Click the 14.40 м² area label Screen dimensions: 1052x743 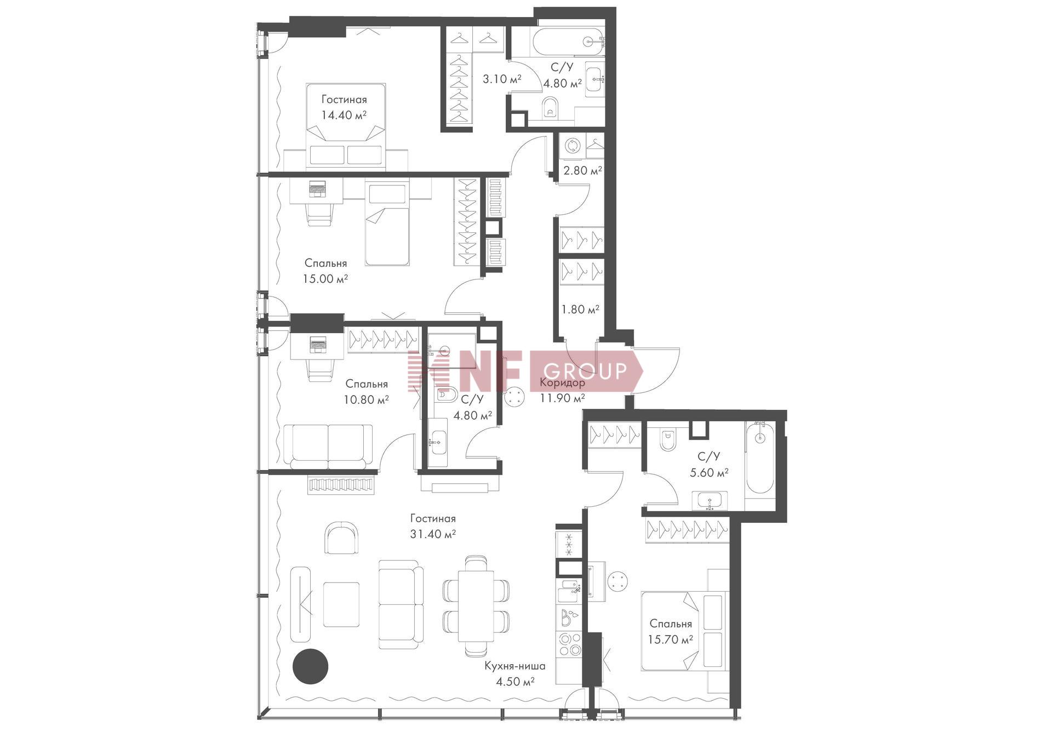pyautogui.click(x=344, y=115)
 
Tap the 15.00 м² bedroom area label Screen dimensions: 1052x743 pyautogui.click(x=325, y=279)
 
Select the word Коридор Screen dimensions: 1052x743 pyautogui.click(x=562, y=382)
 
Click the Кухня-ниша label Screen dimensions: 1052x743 pyautogui.click(x=514, y=666)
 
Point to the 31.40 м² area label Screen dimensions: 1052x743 pyautogui.click(x=433, y=534)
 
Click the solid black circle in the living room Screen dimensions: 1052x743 pyautogui.click(x=310, y=666)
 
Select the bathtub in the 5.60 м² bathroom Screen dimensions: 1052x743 pyautogui.click(x=759, y=459)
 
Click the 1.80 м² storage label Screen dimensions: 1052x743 pyautogui.click(x=580, y=309)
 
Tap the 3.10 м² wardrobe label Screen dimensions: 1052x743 pyautogui.click(x=502, y=79)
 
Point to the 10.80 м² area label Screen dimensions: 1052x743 pyautogui.click(x=367, y=399)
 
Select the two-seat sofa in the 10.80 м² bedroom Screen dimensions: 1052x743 pyautogui.click(x=328, y=447)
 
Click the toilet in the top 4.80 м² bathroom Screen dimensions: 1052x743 pyautogui.click(x=550, y=109)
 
